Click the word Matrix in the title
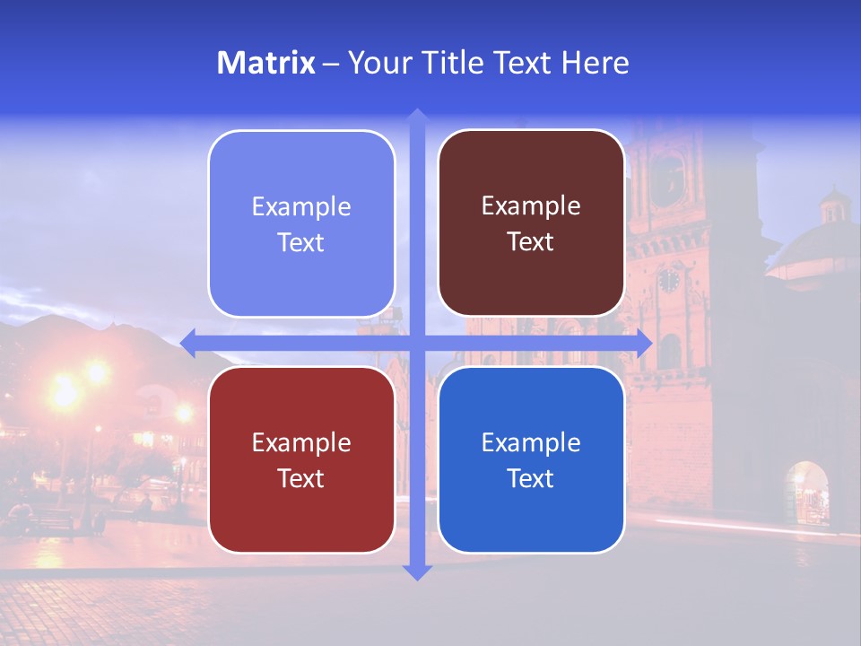click(266, 63)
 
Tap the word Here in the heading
click(595, 63)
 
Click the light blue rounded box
click(301, 223)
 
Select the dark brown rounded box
click(531, 223)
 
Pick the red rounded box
click(301, 459)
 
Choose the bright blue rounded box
click(531, 459)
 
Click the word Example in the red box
click(301, 442)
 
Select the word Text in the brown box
click(531, 241)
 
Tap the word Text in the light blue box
click(301, 242)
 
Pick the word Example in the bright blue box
click(531, 442)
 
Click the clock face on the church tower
click(669, 280)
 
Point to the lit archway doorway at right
click(806, 493)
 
